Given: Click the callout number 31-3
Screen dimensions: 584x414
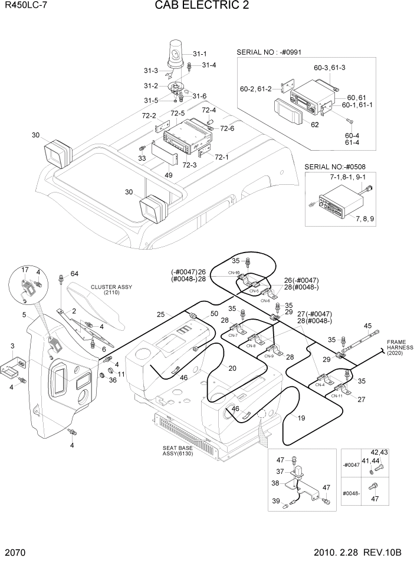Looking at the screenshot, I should pyautogui.click(x=150, y=71).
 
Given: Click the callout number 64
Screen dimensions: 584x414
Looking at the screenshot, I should pyautogui.click(x=74, y=273).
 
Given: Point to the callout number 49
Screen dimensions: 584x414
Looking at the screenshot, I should pyautogui.click(x=168, y=175).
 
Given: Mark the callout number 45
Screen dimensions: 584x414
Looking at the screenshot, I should pyautogui.click(x=367, y=326).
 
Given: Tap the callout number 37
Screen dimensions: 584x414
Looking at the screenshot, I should pyautogui.click(x=280, y=471).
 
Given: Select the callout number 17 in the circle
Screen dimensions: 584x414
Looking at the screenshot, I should pyautogui.click(x=25, y=270).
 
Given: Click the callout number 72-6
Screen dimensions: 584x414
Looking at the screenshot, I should pyautogui.click(x=227, y=128).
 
